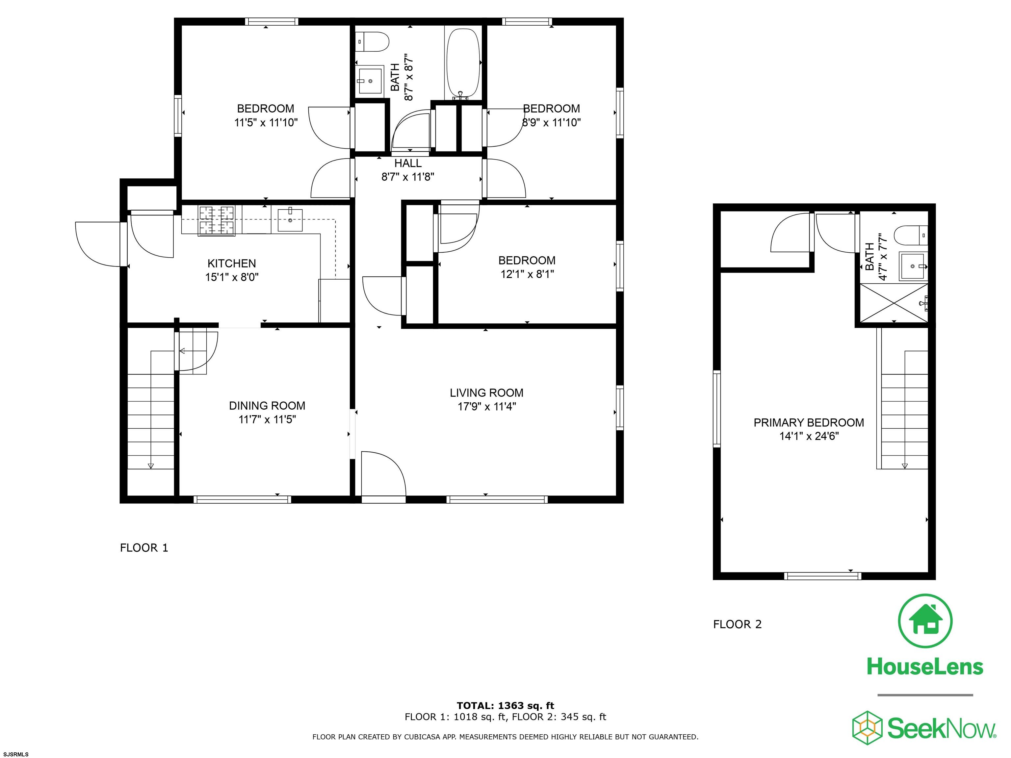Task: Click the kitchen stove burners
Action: tap(217, 221)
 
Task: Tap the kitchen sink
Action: tap(290, 220)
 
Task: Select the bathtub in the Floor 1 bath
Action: tap(463, 64)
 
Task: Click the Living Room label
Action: tap(486, 392)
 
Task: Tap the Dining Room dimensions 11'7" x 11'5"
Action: tap(267, 419)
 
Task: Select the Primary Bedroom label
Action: tap(809, 423)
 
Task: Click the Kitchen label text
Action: tap(232, 263)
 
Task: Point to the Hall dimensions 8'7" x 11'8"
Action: tap(408, 176)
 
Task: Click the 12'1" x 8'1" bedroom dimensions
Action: tap(527, 274)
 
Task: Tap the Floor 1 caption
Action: tap(144, 548)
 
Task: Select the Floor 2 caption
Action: tap(737, 624)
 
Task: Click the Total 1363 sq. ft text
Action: tap(505, 705)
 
